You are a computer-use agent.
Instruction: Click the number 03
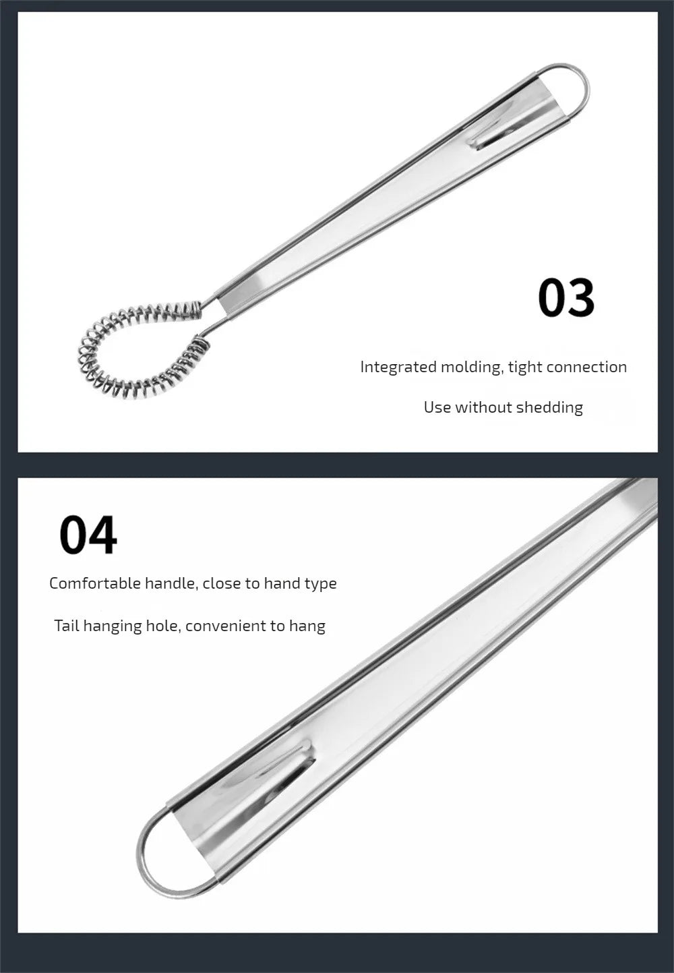pos(566,297)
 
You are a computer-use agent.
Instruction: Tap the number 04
pos(88,535)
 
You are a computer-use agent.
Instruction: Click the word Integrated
pos(398,367)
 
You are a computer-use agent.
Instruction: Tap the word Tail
pos(67,626)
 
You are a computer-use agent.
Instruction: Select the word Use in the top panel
pos(437,407)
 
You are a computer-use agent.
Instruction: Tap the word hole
pos(162,626)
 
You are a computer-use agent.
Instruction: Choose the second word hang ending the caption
pos(307,626)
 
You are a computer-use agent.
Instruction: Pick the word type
pos(320,584)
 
